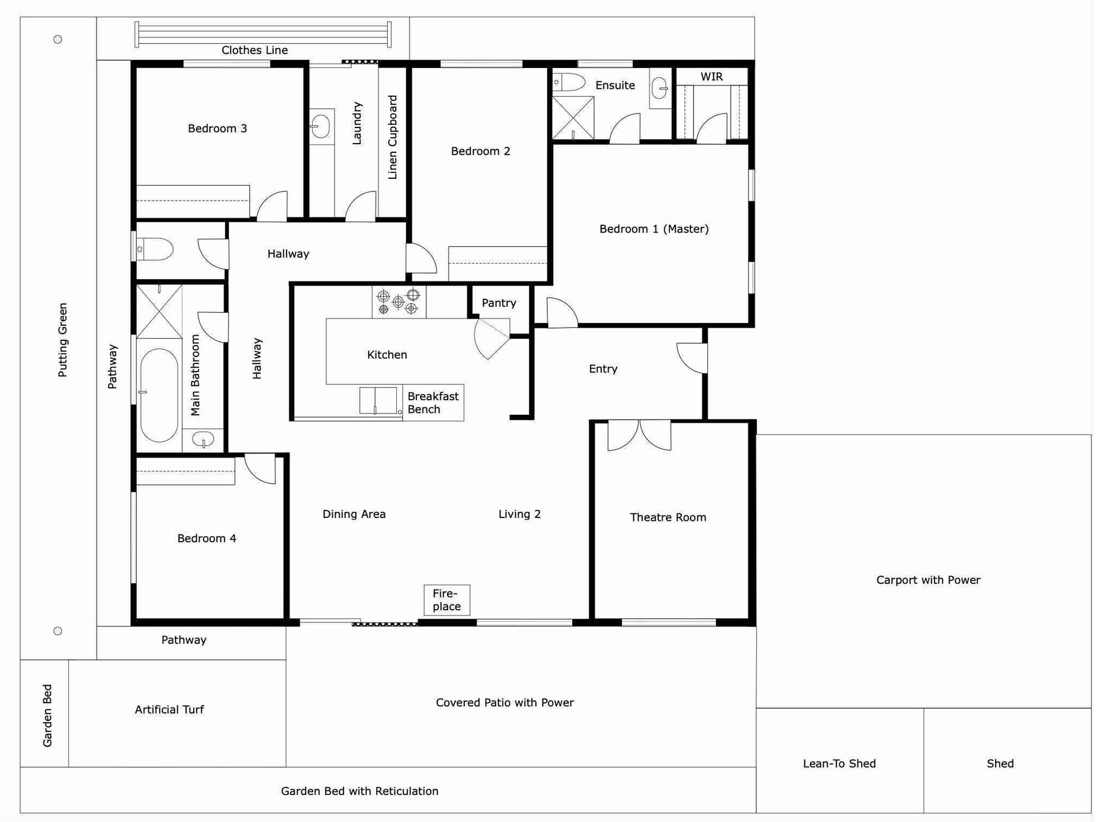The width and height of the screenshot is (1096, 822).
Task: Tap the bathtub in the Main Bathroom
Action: pos(159,395)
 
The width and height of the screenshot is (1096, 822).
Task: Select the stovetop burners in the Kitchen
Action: pos(399,302)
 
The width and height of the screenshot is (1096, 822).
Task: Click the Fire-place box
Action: pos(447,600)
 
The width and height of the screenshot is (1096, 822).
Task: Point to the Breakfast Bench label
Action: pos(433,403)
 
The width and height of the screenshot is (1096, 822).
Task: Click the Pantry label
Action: pos(499,303)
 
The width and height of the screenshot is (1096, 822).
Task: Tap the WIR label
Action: pos(711,77)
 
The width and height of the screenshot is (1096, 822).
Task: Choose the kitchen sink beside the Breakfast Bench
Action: pos(378,400)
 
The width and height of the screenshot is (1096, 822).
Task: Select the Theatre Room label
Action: pos(668,517)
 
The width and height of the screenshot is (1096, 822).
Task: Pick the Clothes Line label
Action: pos(254,50)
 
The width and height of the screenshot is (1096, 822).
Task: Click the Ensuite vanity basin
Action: pos(660,88)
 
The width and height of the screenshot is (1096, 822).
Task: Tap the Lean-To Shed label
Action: pos(839,764)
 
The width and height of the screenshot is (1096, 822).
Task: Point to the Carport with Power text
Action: pos(928,580)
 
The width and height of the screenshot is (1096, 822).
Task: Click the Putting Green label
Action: pos(63,340)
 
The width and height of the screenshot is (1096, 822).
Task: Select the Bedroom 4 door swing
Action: pos(260,469)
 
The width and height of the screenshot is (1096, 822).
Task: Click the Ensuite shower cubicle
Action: pos(573,118)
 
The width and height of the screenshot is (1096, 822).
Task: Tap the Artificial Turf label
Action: pos(169,710)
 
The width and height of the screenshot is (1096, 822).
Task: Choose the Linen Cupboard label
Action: pos(392,137)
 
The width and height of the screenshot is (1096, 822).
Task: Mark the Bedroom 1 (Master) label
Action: pos(654,229)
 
